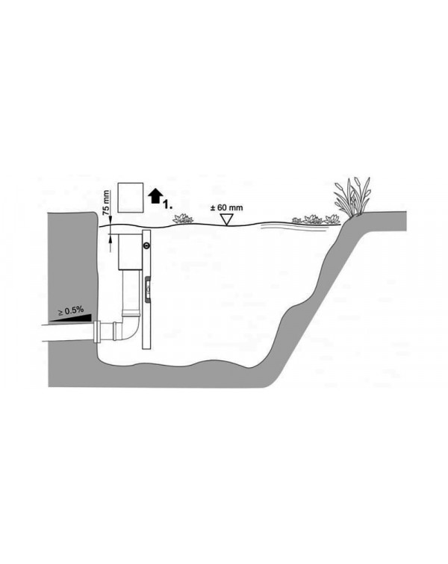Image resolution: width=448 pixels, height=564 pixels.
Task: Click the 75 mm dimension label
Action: [106, 202]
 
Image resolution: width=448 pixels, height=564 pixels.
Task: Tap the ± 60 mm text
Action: [226, 207]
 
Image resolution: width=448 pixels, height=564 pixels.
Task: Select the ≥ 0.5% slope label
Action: [71, 310]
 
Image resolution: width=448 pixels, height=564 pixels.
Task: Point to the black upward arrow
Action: [155, 195]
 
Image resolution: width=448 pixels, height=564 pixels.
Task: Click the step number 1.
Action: [167, 205]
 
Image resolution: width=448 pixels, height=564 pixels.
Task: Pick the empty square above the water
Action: [131, 197]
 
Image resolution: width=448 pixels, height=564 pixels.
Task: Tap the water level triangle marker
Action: [226, 219]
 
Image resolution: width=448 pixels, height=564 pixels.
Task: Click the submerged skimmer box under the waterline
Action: [130, 252]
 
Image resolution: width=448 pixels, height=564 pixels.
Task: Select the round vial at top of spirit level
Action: [146, 246]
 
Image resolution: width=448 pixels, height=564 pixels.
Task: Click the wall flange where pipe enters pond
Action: [97, 332]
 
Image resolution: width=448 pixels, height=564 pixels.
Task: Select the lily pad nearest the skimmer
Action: [183, 219]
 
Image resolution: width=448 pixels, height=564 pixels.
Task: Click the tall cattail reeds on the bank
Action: [353, 196]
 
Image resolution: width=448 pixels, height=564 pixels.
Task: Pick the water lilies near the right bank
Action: [316, 219]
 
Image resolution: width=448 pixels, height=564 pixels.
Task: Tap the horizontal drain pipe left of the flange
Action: [68, 332]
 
